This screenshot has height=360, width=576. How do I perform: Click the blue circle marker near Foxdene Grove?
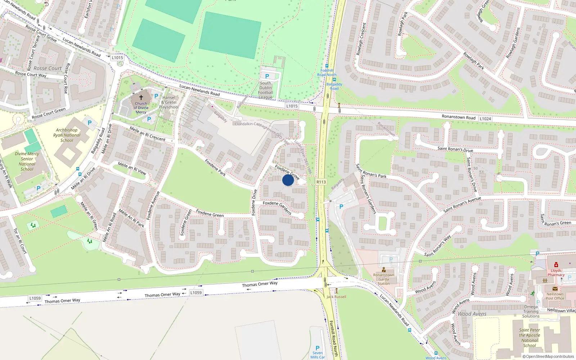[x=288, y=180]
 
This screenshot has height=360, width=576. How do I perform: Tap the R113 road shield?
[x=321, y=182]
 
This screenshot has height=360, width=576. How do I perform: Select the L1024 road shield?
[x=485, y=118]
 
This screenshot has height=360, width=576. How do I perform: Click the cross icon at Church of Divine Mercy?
[x=141, y=97]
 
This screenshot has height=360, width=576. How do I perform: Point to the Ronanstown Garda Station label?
[x=383, y=279]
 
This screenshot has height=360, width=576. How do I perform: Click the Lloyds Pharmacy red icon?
[x=556, y=265]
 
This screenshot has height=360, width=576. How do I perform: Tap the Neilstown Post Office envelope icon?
[x=555, y=289]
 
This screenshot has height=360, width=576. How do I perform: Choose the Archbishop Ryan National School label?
[x=67, y=135]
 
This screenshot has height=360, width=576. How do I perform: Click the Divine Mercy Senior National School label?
[x=27, y=161]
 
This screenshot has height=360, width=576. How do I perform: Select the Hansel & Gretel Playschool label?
[x=169, y=102]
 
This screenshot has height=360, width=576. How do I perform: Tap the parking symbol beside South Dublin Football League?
[x=267, y=76]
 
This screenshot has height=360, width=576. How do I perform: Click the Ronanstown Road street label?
[x=458, y=117]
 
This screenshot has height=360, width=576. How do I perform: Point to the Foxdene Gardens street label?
[x=277, y=207]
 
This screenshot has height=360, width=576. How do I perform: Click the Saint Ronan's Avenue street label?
[x=462, y=204]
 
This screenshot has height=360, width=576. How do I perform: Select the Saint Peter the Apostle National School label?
[x=530, y=338]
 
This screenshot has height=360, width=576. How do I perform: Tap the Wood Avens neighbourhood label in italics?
[x=472, y=314]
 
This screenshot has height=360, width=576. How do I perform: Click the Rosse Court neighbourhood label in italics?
[x=48, y=68]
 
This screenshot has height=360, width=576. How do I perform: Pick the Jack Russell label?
[x=336, y=297]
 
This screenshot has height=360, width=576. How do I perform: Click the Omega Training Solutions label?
[x=531, y=311]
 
